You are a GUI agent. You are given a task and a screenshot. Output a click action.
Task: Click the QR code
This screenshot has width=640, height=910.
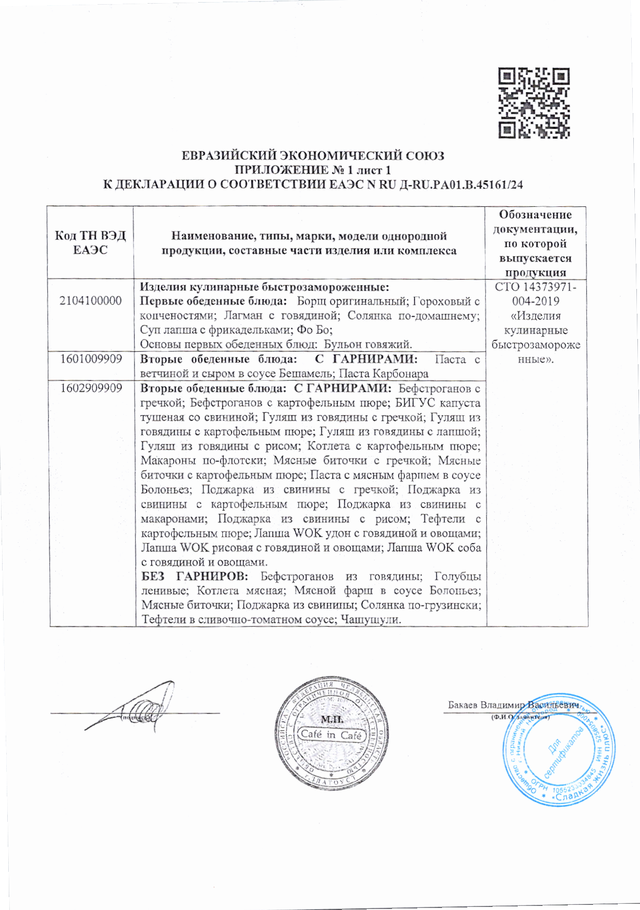click(x=534, y=103)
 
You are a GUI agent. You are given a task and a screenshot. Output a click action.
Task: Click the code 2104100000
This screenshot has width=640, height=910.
click(x=91, y=301)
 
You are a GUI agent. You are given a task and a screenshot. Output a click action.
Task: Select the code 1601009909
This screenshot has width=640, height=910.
click(x=91, y=359)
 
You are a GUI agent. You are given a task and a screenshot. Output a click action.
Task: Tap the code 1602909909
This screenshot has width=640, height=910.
click(x=91, y=388)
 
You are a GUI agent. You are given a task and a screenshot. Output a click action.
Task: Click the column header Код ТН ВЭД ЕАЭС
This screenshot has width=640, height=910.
click(x=90, y=242)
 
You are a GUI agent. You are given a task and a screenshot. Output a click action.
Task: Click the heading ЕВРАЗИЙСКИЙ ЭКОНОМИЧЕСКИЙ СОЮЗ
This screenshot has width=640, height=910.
click(x=313, y=156)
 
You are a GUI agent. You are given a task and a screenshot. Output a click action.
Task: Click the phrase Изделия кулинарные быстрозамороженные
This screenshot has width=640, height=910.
click(x=264, y=287)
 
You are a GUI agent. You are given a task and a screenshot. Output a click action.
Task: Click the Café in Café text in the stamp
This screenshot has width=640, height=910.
click(x=331, y=734)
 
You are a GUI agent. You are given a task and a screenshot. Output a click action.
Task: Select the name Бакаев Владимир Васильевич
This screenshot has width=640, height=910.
click(x=513, y=705)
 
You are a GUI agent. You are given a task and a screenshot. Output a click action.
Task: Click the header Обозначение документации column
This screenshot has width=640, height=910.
click(x=536, y=243)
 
